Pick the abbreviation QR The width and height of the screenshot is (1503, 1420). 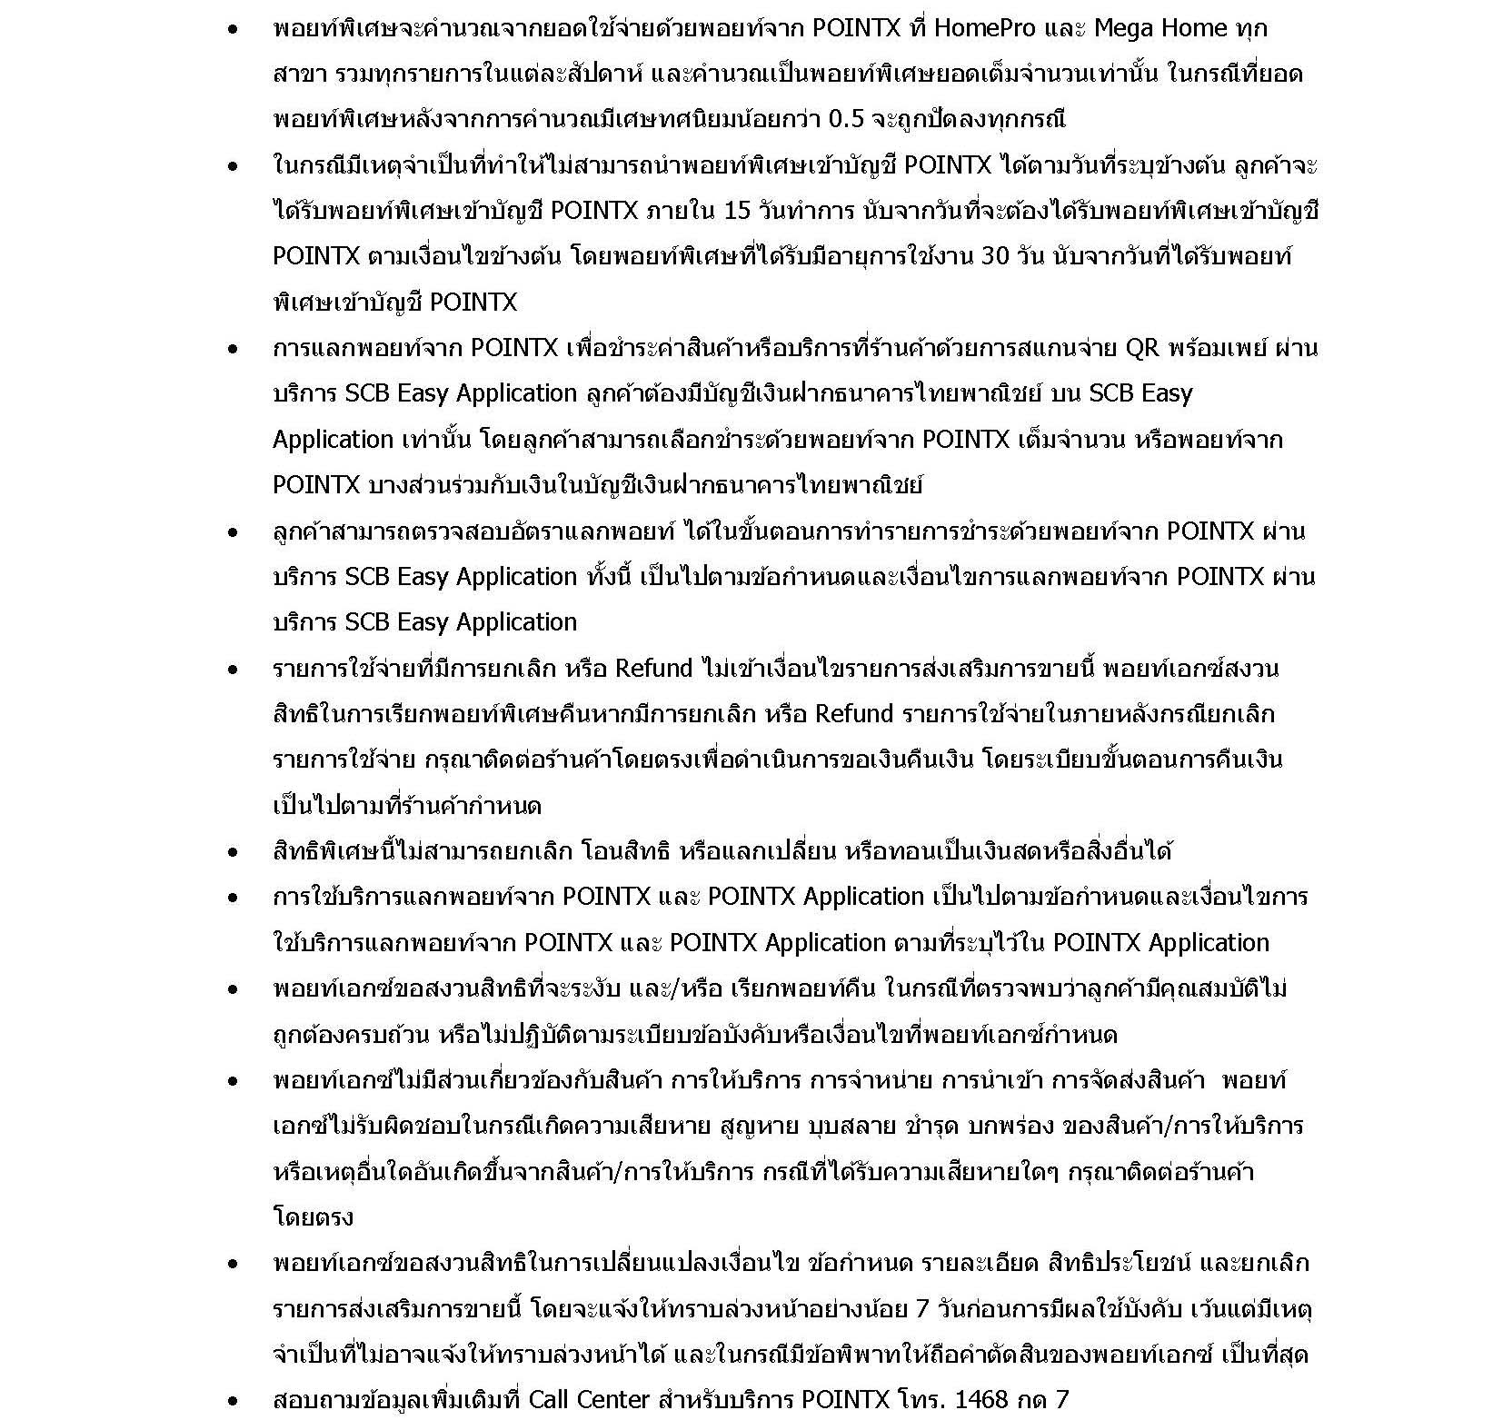[1142, 349]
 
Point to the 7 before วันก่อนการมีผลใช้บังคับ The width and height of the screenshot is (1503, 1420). [922, 1309]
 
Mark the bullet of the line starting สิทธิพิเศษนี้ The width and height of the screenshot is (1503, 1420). [234, 852]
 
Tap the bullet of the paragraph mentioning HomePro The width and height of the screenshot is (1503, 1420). [234, 29]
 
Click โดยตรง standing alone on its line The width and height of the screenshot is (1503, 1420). [313, 1217]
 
